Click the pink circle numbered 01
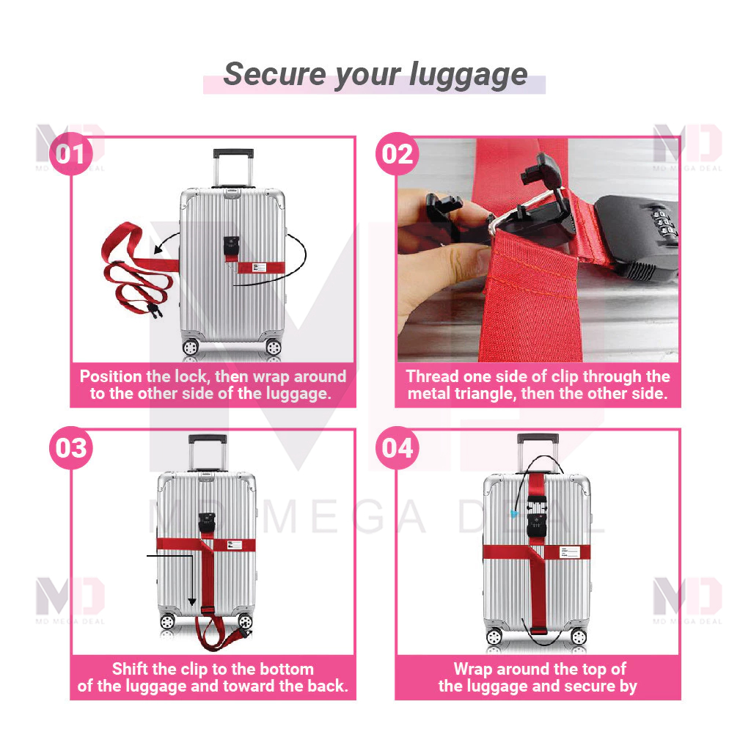click(71, 155)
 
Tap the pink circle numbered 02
click(397, 155)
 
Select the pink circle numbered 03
click(71, 447)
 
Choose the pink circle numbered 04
click(397, 447)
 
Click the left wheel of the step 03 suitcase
click(168, 622)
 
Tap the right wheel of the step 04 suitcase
click(579, 637)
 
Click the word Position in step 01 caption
click(111, 377)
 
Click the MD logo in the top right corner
click(687, 145)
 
